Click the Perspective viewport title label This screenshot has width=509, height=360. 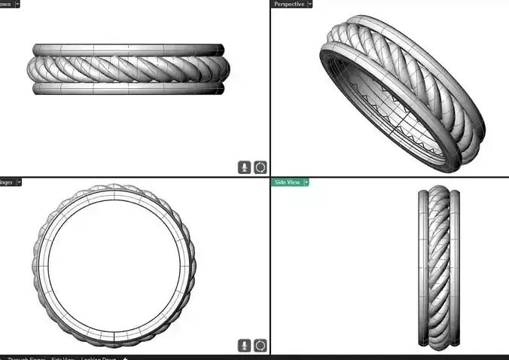(x=289, y=4)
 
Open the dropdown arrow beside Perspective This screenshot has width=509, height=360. (x=309, y=4)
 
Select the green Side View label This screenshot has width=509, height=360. (x=286, y=182)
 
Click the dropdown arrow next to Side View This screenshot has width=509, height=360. (x=306, y=182)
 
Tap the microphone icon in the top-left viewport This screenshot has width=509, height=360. (x=245, y=167)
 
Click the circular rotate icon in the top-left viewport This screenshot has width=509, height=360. (x=260, y=167)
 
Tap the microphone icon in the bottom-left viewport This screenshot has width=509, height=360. (x=245, y=345)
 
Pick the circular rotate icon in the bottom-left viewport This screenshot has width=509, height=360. (x=260, y=345)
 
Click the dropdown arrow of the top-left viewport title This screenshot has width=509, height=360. (x=17, y=4)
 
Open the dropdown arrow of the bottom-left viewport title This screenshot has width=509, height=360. (x=20, y=182)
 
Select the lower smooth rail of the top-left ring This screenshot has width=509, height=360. (x=128, y=88)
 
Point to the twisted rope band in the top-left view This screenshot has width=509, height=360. (x=128, y=68)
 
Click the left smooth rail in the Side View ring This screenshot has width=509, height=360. (x=423, y=267)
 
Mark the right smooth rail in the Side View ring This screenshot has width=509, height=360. (x=455, y=267)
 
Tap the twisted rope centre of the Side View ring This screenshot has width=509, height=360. (x=439, y=267)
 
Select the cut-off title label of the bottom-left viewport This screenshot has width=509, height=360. (x=7, y=182)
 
